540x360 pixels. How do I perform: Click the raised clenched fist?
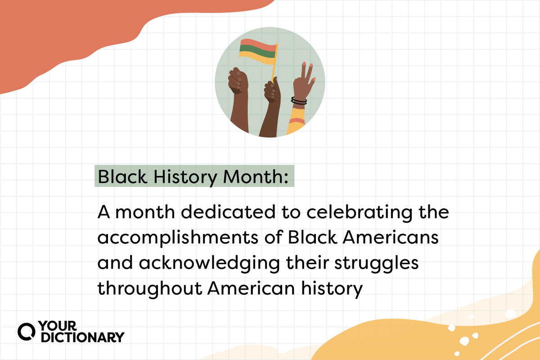pyautogui.click(x=238, y=81)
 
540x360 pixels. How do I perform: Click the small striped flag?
pyautogui.click(x=258, y=51)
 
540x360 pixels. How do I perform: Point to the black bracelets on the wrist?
pyautogui.click(x=299, y=101)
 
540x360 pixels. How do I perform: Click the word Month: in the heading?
pyautogui.click(x=256, y=177)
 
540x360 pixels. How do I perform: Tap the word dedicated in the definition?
pyautogui.click(x=228, y=211)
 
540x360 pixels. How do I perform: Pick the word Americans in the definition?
pyautogui.click(x=391, y=238)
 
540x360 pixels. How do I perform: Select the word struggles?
pyautogui.click(x=376, y=264)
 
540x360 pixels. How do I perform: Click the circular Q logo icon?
pyautogui.click(x=26, y=332)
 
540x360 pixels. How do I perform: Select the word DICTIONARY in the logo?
pyautogui.click(x=83, y=337)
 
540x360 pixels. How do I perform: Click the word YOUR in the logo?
pyautogui.click(x=58, y=326)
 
